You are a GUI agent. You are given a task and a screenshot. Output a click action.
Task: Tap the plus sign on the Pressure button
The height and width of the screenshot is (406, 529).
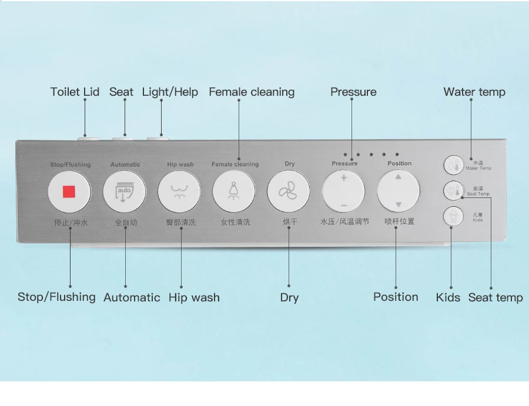343,178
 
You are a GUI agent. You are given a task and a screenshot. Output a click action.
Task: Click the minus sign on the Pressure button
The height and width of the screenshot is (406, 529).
343,205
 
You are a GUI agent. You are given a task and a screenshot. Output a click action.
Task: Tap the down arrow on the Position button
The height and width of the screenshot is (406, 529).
398,205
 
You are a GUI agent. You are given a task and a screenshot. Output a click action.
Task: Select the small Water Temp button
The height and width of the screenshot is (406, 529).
453,165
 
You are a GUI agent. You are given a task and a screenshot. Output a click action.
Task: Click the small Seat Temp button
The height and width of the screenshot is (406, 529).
453,190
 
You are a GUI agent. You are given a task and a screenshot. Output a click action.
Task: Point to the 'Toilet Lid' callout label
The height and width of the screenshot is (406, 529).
75,92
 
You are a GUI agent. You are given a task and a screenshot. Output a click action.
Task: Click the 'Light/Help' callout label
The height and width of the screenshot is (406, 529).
170,92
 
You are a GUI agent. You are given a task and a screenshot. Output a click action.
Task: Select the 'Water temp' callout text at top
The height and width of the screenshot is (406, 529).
474,92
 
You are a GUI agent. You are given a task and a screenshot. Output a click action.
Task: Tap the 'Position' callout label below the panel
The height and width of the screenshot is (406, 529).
396,297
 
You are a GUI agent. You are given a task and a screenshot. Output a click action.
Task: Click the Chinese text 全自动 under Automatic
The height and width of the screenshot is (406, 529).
126,222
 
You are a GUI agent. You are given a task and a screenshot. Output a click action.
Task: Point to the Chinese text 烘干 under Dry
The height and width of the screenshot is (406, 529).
290,222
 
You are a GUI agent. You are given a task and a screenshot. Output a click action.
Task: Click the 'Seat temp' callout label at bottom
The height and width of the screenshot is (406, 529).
495,297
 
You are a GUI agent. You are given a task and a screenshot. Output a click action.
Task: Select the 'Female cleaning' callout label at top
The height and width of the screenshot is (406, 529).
252,92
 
